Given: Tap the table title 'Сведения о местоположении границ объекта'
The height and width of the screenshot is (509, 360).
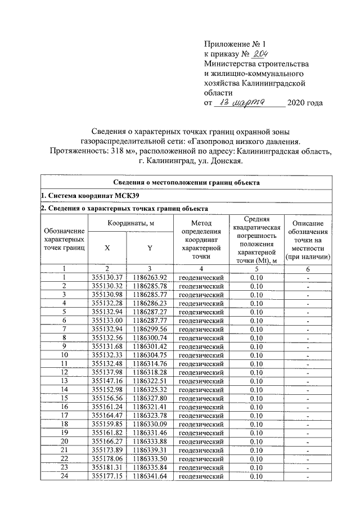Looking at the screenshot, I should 186,183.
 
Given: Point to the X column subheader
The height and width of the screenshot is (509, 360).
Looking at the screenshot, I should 107,247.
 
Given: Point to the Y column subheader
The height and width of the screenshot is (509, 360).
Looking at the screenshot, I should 150,247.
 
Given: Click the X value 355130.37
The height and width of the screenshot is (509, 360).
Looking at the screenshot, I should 107,277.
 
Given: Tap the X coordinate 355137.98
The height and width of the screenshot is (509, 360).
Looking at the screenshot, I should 107,372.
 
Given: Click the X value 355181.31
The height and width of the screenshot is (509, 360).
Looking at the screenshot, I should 107,468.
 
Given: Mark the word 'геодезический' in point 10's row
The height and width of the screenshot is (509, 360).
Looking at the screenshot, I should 201,354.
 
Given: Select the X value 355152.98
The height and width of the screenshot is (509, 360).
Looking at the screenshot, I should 107,389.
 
